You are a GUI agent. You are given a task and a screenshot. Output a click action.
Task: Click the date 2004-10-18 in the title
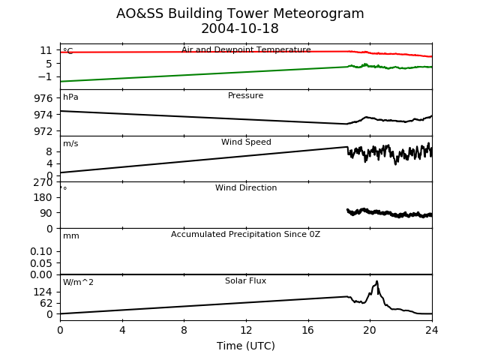coord(240,28)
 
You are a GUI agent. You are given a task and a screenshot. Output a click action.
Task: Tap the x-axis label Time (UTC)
coord(246,346)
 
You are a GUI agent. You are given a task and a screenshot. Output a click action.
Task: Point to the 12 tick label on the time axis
coord(246,330)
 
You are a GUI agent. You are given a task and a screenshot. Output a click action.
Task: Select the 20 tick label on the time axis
coord(370,330)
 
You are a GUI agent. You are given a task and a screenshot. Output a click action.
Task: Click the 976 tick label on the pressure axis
coord(43,98)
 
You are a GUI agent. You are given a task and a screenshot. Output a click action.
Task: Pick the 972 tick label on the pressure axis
coord(43,131)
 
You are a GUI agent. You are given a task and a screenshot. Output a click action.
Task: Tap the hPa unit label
coord(70,97)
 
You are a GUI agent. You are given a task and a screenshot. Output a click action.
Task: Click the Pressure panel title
coord(245,95)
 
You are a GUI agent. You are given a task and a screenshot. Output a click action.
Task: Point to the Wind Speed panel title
coord(246,142)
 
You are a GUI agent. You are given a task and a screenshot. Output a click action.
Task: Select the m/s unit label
coord(70,143)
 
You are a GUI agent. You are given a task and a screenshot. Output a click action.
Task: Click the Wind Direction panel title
coord(246,187)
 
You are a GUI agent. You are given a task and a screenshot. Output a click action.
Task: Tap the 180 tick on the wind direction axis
coord(43,197)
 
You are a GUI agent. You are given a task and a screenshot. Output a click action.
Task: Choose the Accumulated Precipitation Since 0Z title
coord(245,234)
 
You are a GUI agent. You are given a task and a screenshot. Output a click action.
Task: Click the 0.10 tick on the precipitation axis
coord(41,252)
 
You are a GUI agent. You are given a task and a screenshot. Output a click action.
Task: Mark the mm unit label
coord(71,236)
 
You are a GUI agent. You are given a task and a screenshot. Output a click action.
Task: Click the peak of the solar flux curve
coord(376,281)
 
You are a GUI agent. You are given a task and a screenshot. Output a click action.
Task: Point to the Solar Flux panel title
coord(245,280)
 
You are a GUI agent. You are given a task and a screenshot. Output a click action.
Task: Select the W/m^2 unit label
coord(78,282)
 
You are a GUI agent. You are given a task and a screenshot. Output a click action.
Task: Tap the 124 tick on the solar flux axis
coord(43,292)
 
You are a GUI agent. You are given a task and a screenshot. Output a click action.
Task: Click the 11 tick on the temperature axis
coord(46,50)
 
